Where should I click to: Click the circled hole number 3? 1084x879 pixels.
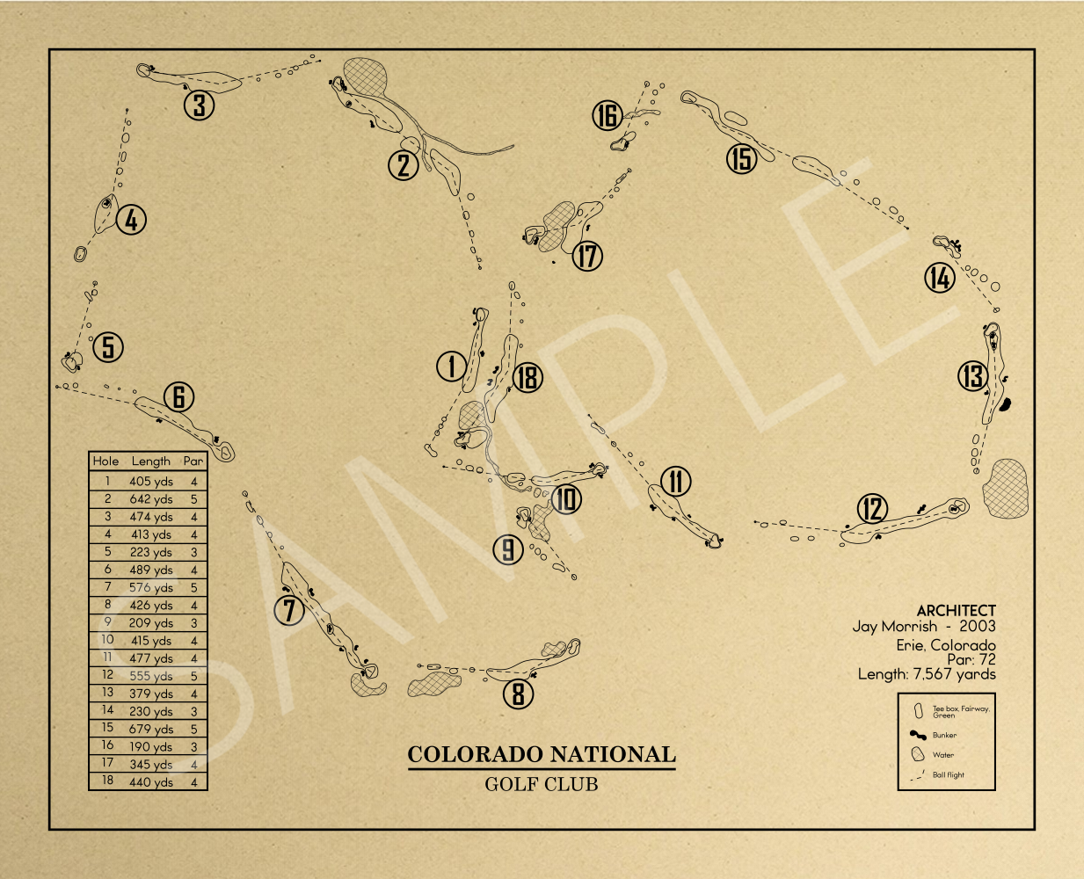pos(200,105)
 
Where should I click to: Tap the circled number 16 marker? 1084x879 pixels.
pos(607,115)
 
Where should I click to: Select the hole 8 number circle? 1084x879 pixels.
pos(519,694)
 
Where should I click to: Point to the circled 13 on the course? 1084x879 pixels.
pos(972,376)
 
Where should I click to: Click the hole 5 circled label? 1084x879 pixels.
pos(108,346)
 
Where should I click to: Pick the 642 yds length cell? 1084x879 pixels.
pos(150,499)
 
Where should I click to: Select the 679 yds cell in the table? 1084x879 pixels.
pos(150,729)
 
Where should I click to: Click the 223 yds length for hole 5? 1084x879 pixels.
pos(150,552)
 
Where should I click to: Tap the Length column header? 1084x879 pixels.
pos(150,461)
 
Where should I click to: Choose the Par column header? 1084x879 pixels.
pos(193,461)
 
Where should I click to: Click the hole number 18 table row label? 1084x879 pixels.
pos(107,781)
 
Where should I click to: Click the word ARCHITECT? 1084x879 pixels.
pos(956,610)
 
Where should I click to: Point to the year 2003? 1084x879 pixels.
pos(977,626)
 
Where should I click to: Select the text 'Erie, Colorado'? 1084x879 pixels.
pos(946,645)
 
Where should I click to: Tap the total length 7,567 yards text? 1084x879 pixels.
pos(954,674)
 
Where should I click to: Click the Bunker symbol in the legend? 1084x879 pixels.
pos(918,735)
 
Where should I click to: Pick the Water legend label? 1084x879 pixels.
pos(942,755)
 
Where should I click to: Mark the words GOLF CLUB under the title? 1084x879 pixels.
pos(542,784)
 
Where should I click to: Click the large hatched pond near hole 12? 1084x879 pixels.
pos(1005,488)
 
